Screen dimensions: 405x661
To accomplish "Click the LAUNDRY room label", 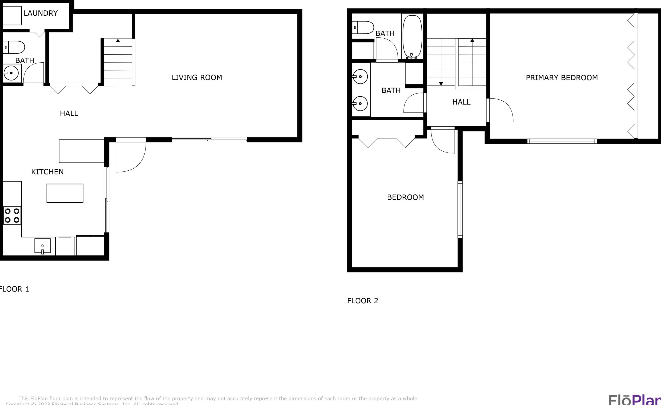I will click(41, 13).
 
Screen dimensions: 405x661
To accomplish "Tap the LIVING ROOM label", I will click(197, 78).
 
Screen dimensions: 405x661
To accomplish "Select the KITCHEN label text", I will click(47, 172).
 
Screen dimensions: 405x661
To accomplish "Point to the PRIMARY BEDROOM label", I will click(561, 78).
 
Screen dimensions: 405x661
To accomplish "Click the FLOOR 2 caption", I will click(362, 301).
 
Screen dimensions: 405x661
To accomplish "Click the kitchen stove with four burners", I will click(12, 216).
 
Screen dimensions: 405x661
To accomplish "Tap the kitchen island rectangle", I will click(65, 193).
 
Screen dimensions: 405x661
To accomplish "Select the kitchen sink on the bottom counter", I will click(42, 246).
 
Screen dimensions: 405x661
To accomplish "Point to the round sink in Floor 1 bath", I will click(11, 73).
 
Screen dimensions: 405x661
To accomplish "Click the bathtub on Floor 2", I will click(412, 36).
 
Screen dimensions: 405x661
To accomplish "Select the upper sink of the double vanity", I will click(360, 76).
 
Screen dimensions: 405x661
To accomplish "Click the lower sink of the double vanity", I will click(360, 103).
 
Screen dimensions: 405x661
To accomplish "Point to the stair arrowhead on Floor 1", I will click(118, 41).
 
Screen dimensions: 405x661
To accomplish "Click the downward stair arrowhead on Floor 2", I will click(441, 84).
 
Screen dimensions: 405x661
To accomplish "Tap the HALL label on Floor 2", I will click(461, 102).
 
